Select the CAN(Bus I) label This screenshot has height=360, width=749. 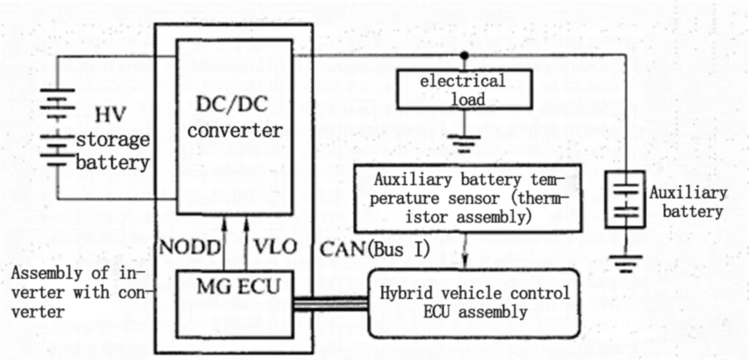(375, 248)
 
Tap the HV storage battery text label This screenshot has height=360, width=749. (112, 139)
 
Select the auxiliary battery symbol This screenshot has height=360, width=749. (622, 201)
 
